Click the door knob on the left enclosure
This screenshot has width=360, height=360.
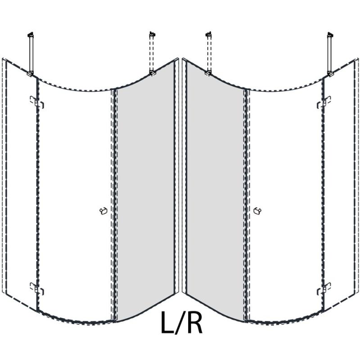103,211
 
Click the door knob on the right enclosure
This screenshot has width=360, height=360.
257,211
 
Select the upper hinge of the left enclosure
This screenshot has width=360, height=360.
37,102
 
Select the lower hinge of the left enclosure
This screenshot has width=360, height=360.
37,288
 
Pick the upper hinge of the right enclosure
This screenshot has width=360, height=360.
324,102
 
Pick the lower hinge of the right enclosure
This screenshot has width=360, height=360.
324,288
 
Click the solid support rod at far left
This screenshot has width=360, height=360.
31,53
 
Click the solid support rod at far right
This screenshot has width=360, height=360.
330,53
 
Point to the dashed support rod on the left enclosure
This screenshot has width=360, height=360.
152,53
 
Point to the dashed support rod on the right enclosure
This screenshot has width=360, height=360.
208,53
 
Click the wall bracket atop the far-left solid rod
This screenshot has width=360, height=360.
31,35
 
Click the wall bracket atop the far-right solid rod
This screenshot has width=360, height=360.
330,35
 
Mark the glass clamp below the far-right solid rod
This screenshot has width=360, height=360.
330,73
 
